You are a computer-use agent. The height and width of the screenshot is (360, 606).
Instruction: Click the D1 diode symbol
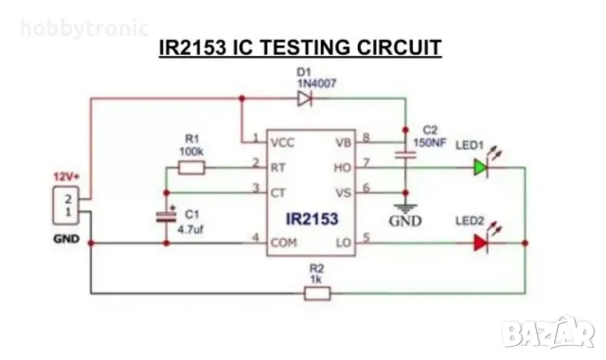[x=305, y=99]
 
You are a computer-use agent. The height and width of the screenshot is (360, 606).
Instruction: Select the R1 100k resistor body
[x=192, y=167]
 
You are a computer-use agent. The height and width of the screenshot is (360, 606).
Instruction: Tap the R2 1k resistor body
[x=316, y=294]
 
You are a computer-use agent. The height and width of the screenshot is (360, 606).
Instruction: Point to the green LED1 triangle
[x=481, y=168]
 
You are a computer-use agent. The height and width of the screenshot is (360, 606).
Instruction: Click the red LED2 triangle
[x=481, y=243]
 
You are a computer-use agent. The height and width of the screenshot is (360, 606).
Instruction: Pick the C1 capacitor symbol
[x=168, y=217]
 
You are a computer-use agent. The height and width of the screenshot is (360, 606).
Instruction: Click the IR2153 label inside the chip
[x=311, y=218]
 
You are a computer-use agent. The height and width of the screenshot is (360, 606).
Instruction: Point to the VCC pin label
[x=282, y=142]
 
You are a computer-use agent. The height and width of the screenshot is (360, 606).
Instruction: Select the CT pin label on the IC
[x=278, y=191]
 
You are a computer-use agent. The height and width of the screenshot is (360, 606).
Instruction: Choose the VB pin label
[x=343, y=142]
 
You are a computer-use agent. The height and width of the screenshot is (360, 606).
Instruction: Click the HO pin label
[x=343, y=167]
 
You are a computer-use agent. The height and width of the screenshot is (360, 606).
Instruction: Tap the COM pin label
[x=283, y=243]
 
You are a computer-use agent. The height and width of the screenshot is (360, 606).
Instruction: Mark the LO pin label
[x=343, y=243]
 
